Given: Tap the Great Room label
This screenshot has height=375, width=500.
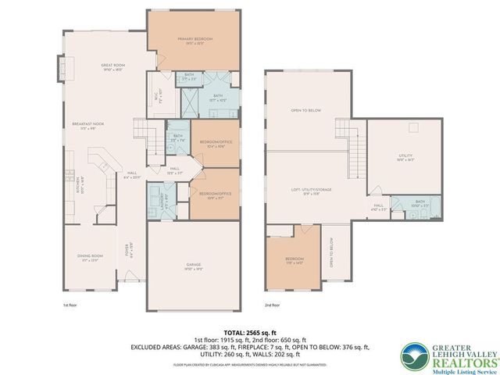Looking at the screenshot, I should [x=113, y=66].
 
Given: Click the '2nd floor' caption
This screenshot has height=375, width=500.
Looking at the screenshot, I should [x=273, y=305].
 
